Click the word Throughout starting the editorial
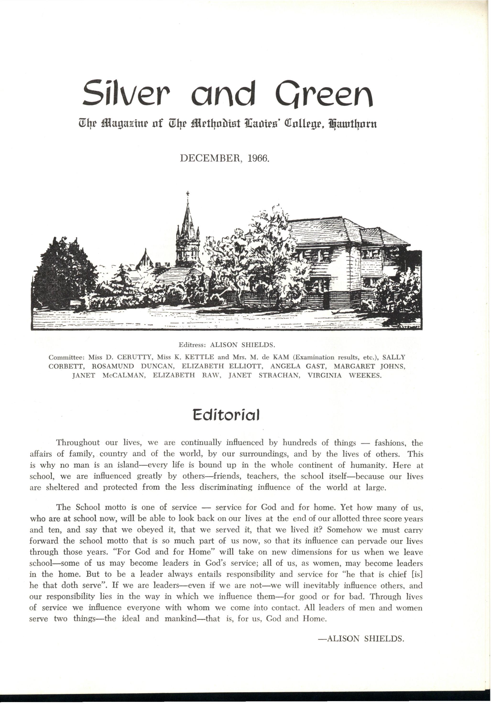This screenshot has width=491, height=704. pos(78,443)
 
